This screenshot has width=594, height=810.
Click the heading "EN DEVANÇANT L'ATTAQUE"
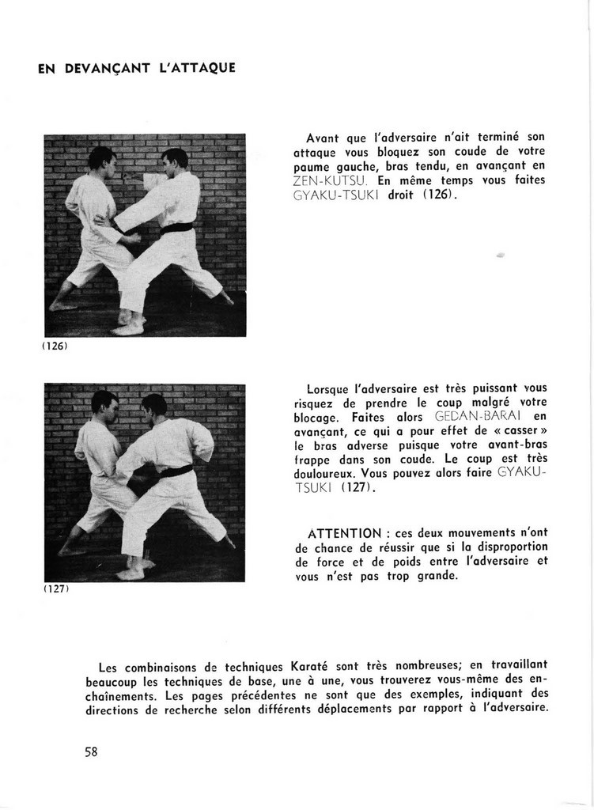point(137,68)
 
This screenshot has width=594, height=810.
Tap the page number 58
point(91,751)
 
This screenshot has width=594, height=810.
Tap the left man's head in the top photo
point(101,159)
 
